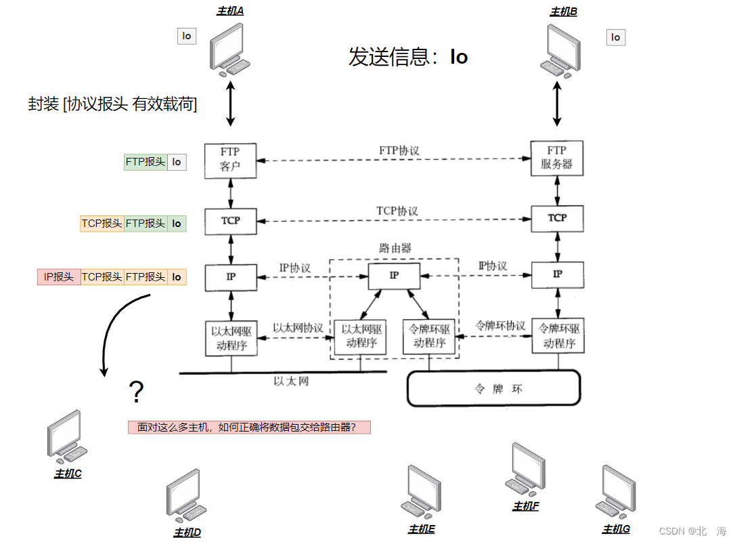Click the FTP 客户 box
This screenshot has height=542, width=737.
click(230, 159)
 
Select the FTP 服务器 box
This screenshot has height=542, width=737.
click(556, 158)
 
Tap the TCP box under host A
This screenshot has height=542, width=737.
click(230, 221)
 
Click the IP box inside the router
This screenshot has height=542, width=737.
click(394, 275)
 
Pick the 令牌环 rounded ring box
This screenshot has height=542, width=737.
click(493, 388)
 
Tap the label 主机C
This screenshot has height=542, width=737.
click(68, 474)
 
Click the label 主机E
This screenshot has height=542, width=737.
click(421, 529)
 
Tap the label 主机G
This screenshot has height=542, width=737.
click(616, 528)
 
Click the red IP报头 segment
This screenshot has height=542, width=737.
click(58, 276)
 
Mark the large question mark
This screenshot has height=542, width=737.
click(136, 392)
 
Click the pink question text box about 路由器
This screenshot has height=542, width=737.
click(249, 428)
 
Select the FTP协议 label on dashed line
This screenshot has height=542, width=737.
click(399, 150)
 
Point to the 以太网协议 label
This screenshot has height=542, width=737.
click(298, 327)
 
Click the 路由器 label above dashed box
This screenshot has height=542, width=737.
click(395, 248)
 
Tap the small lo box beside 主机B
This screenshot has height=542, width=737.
click(615, 37)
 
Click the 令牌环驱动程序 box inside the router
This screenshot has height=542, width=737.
click(430, 336)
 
